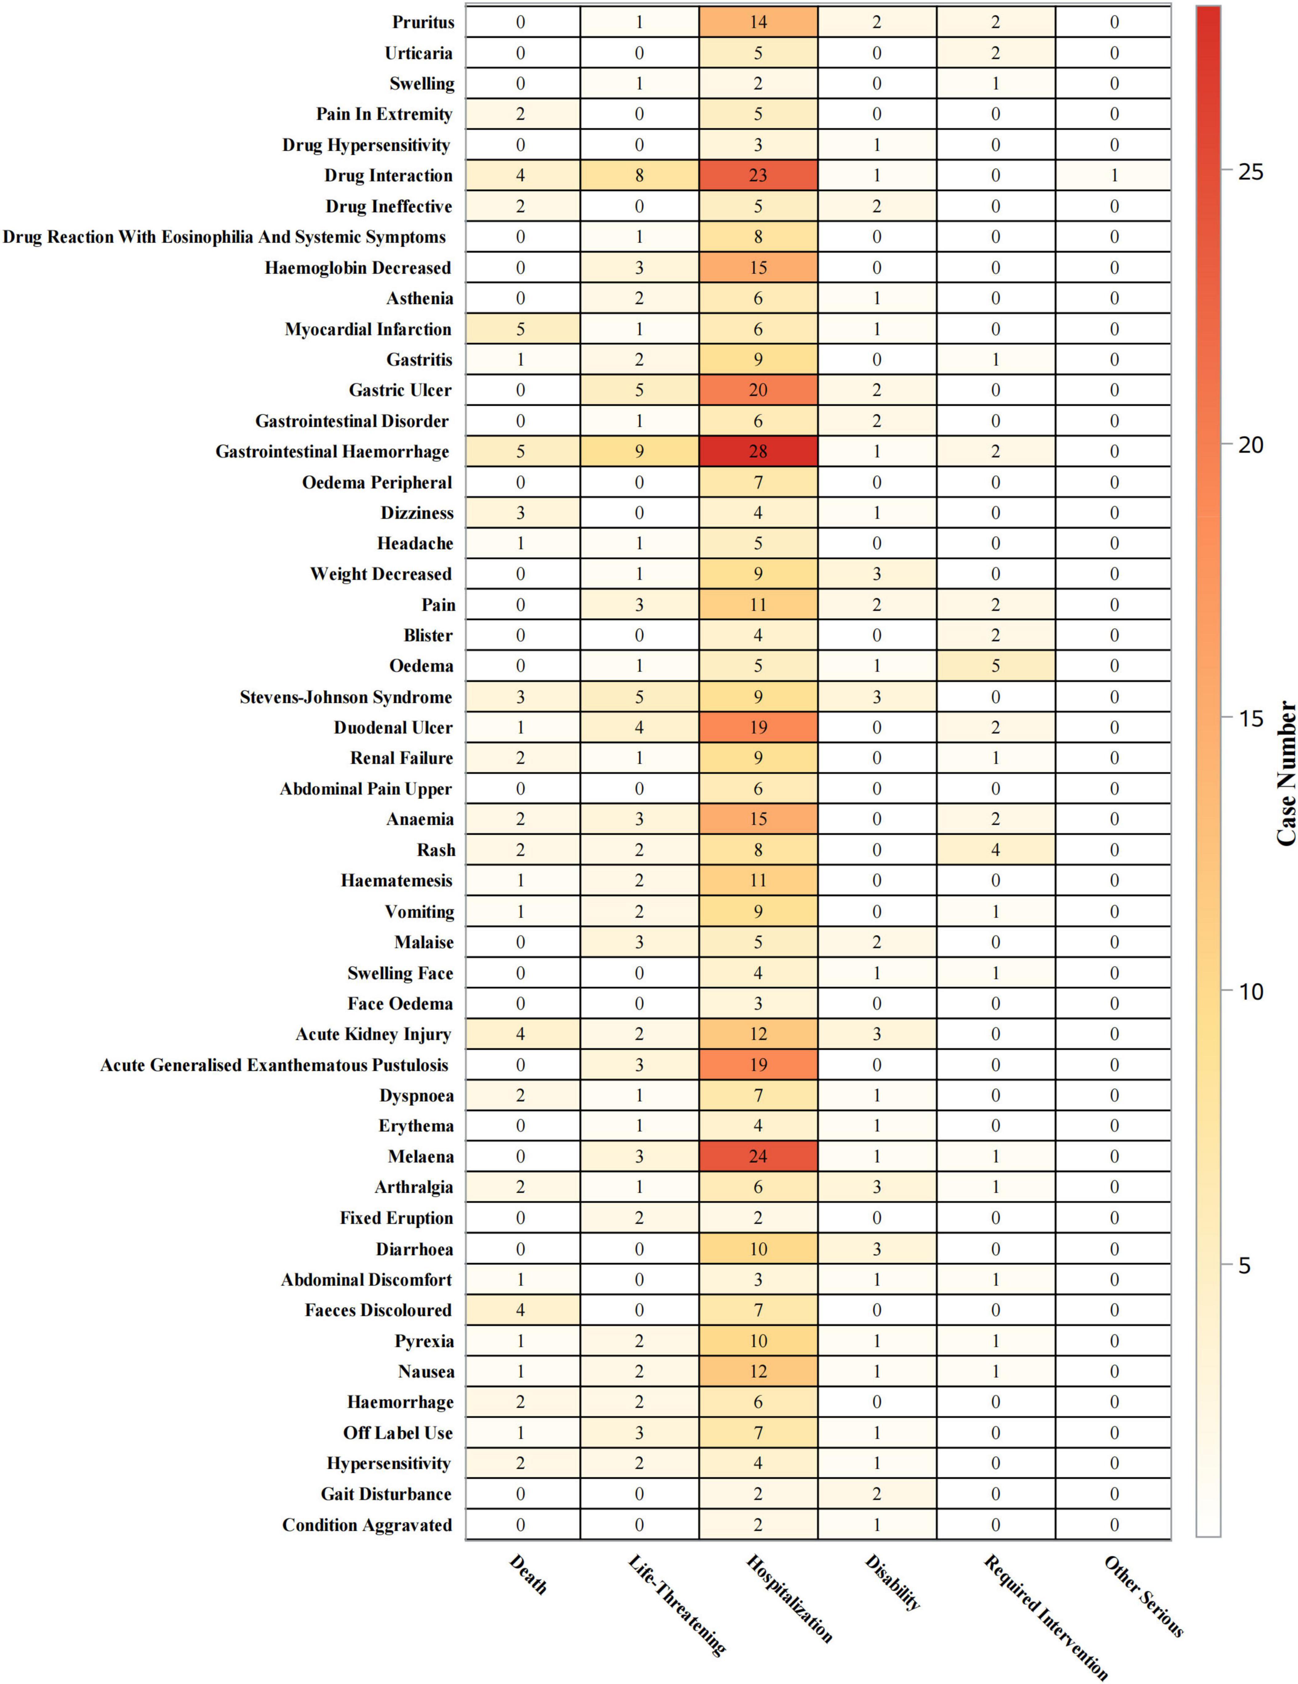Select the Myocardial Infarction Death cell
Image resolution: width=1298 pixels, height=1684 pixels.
point(520,329)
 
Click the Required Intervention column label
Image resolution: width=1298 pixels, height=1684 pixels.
point(1045,1615)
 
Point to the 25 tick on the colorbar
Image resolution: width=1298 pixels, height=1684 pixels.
point(1249,171)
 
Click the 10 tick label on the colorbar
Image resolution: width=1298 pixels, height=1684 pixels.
point(1249,991)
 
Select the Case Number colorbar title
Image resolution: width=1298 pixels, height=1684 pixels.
point(1286,773)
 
